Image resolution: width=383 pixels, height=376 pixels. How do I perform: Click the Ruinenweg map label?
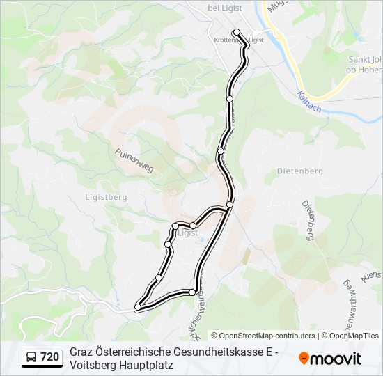(x=134, y=162)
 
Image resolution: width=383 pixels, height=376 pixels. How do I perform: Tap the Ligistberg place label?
(x=106, y=197)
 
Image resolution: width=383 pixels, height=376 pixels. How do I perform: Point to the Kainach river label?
(x=308, y=102)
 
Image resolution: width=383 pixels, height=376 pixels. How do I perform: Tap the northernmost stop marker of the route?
(x=237, y=32)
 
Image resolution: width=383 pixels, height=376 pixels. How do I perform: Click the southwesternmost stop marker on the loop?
(x=138, y=306)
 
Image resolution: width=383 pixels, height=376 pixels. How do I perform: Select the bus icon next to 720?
(x=31, y=358)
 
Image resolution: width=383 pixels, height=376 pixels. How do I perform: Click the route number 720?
(x=49, y=358)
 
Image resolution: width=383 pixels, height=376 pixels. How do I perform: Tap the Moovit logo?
(x=330, y=359)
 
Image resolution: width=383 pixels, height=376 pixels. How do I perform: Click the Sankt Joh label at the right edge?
(x=365, y=59)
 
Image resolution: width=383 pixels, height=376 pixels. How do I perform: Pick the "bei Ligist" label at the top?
(x=224, y=8)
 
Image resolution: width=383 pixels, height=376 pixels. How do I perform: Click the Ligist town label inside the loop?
(x=187, y=233)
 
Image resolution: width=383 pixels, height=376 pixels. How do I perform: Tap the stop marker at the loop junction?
(x=229, y=205)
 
